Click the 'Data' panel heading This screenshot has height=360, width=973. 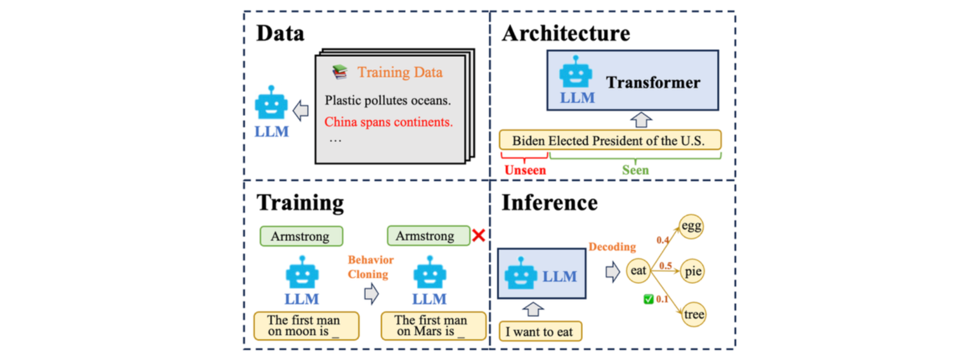[x=280, y=34]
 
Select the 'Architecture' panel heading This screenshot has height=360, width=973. [x=565, y=34]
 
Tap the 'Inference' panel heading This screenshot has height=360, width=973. [x=549, y=203]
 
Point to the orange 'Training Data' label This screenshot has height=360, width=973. [x=400, y=72]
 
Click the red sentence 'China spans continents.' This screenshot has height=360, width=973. [x=388, y=122]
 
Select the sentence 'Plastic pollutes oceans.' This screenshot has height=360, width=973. [x=388, y=101]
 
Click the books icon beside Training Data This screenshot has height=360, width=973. [x=339, y=72]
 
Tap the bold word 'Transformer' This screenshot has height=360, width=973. [x=653, y=83]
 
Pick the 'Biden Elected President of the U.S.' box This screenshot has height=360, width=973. [x=610, y=140]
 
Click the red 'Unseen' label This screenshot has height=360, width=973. [x=525, y=170]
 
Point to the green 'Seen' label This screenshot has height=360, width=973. [x=635, y=170]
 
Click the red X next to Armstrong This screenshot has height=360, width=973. [x=479, y=235]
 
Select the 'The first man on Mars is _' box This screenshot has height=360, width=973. [x=433, y=326]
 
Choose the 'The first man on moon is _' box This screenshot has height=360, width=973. [x=306, y=326]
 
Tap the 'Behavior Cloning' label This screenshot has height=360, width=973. [x=370, y=267]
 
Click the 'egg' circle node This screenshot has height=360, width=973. [x=691, y=227]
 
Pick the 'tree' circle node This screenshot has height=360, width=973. [x=694, y=315]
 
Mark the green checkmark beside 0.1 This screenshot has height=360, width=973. [x=648, y=299]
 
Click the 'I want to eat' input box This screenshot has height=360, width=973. [x=540, y=332]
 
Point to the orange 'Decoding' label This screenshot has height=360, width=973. [x=612, y=247]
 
